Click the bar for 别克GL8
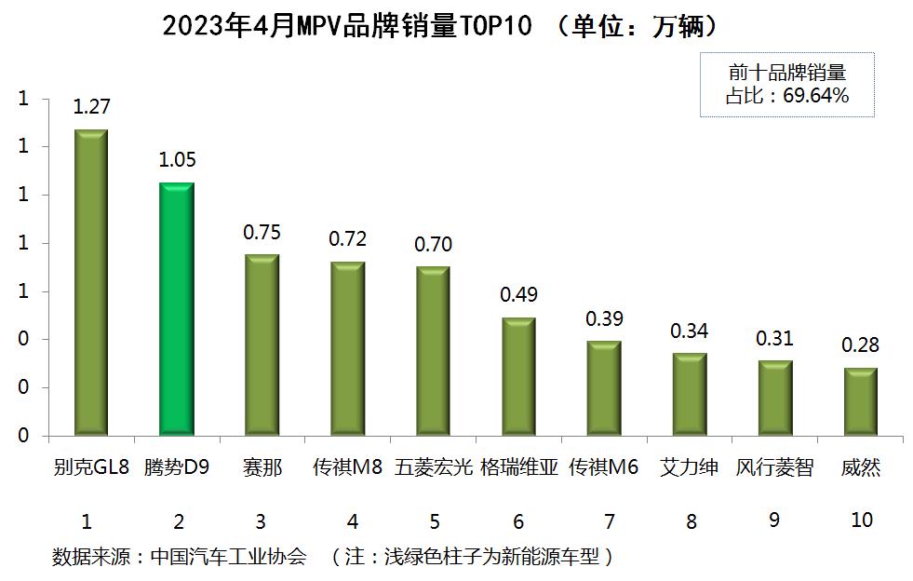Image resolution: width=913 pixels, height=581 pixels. (91, 282)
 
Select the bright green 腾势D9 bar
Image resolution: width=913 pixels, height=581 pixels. (177, 309)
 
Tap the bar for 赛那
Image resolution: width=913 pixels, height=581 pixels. (262, 345)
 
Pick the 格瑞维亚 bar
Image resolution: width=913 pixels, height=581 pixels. (518, 376)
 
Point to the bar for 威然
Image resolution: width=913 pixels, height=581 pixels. (860, 401)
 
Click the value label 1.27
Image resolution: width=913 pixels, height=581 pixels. (91, 107)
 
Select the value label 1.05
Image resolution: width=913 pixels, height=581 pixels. (177, 160)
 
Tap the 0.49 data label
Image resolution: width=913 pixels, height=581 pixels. (518, 295)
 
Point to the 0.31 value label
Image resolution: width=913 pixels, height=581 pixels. (774, 339)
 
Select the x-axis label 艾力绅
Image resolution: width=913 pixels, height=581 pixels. (689, 467)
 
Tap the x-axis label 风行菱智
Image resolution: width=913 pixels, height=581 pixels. (774, 467)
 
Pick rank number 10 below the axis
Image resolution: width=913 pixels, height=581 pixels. (862, 520)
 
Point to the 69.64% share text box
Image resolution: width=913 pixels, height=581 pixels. (786, 84)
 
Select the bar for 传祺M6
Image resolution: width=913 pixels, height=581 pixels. (604, 388)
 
